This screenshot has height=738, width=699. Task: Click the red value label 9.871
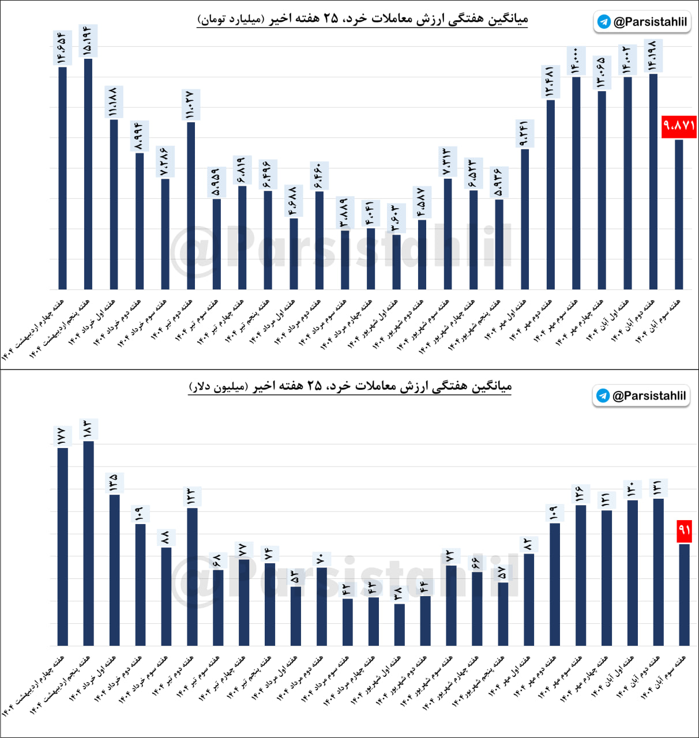click(679, 126)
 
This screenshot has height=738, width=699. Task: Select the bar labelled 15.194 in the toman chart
click(88, 173)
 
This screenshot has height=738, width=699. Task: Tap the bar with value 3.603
click(396, 262)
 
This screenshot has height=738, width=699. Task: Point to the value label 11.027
click(190, 105)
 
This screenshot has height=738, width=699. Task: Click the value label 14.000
click(576, 61)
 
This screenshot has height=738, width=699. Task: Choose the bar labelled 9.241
click(525, 219)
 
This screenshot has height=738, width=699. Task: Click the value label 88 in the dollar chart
click(166, 538)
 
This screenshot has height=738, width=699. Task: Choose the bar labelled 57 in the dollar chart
click(503, 613)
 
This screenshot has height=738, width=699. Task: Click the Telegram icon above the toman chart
click(604, 22)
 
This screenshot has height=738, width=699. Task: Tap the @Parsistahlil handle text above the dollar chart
click(649, 396)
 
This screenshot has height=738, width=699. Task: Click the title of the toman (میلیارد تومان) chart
click(362, 19)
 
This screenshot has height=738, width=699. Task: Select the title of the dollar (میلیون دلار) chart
click(350, 386)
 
